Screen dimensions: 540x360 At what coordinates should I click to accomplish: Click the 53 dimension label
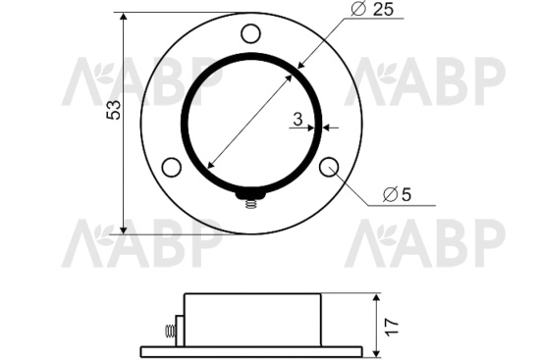(113, 110)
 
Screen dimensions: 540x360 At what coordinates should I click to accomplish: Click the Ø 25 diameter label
(372, 9)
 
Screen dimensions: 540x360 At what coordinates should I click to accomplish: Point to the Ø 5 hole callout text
(397, 194)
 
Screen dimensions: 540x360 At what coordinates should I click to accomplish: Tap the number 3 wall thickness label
(297, 119)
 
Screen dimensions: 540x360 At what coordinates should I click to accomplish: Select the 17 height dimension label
(392, 327)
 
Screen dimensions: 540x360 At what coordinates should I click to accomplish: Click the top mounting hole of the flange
(250, 33)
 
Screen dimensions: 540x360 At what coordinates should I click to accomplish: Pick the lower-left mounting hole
(172, 168)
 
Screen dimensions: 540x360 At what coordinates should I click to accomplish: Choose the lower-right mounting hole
(329, 167)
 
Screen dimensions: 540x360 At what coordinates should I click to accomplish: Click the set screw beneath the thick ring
(251, 199)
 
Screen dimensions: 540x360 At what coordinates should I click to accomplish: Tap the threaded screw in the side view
(169, 332)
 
